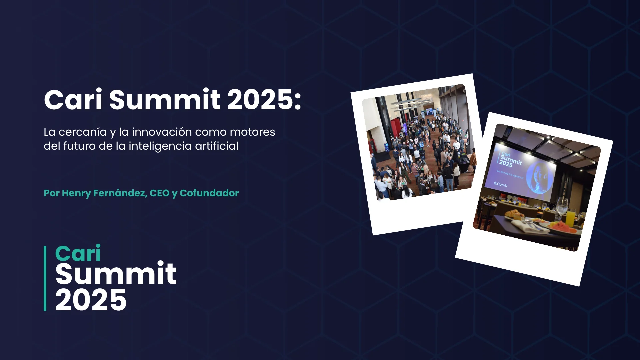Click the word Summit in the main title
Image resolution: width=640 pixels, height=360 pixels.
tap(165, 100)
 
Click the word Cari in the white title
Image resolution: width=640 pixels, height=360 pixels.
tap(73, 100)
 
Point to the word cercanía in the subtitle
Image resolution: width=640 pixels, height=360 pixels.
tap(83, 132)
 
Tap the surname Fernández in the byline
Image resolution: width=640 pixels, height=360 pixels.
tap(120, 193)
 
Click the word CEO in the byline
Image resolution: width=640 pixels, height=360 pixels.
tap(160, 193)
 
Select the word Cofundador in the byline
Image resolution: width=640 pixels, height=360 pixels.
tap(209, 193)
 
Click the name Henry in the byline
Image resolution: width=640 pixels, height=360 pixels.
tap(76, 193)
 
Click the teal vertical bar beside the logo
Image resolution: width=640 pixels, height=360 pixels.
tap(45, 278)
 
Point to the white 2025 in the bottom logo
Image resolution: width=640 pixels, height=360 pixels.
tap(91, 300)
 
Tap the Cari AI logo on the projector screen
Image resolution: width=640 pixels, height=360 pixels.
tap(501, 184)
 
